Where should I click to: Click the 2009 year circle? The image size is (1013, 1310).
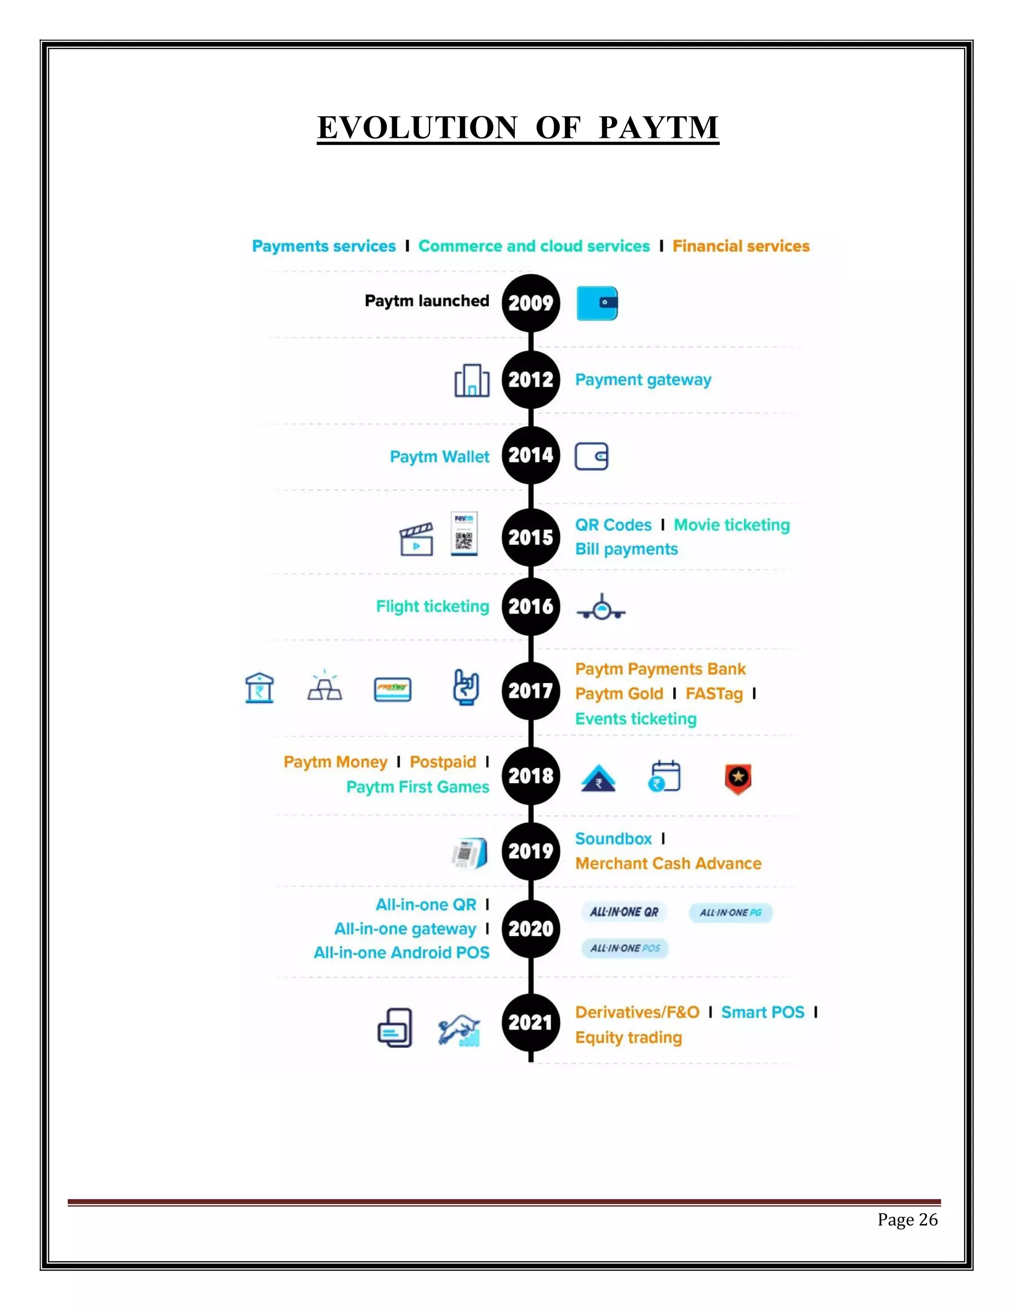coord(531,303)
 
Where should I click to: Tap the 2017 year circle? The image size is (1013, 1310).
coord(531,691)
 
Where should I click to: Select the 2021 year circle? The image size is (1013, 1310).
coord(531,1022)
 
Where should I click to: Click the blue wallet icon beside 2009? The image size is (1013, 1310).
coord(597,303)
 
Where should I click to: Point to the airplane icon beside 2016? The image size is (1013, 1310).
coord(600,608)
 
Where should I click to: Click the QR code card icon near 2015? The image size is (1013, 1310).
coord(464,533)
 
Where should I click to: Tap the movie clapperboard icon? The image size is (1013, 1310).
coord(416,539)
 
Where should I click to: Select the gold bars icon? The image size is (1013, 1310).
coord(324,687)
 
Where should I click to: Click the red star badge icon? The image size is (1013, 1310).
coord(737,779)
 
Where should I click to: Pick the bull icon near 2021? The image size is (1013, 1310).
coord(459,1030)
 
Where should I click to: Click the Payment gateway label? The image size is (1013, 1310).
coord(644,380)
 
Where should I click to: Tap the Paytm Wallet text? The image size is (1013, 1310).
coord(439,457)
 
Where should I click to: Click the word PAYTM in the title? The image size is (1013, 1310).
coord(658,127)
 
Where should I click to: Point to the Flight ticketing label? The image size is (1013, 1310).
coord(433,607)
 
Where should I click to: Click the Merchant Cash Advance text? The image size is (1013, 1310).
coord(668,864)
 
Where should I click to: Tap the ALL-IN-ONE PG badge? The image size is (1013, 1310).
coord(731,913)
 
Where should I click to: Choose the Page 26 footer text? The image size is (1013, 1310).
coord(907,1220)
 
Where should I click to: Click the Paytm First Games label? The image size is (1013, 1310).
coord(417,787)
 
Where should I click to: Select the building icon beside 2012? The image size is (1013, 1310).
coord(472,380)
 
